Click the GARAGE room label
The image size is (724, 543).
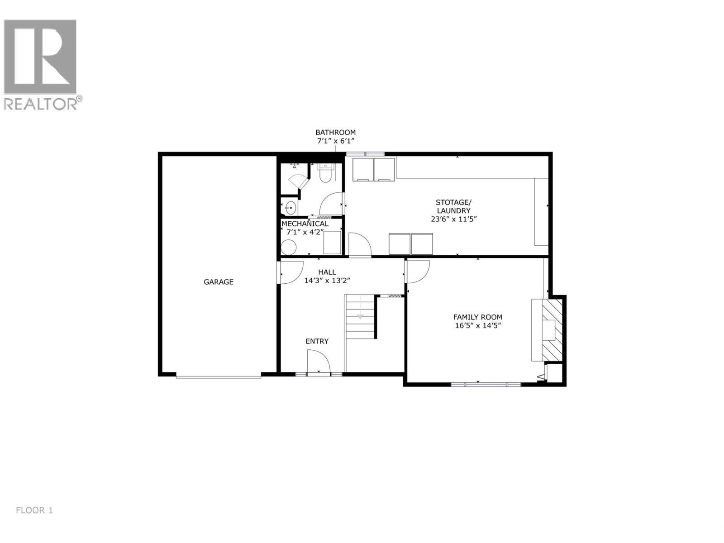[x=219, y=282]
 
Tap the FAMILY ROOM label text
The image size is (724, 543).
[x=478, y=317]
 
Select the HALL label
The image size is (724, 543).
[x=327, y=272]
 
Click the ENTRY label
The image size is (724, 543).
[x=317, y=341]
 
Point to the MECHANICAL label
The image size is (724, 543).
[x=305, y=224]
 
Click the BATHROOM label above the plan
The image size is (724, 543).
[x=335, y=132]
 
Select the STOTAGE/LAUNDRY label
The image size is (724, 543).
[x=453, y=206]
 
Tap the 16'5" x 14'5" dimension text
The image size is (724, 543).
[x=478, y=325]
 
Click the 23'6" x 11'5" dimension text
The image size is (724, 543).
[x=453, y=219]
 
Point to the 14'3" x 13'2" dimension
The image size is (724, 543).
[x=327, y=281]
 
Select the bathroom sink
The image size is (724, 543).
[x=290, y=208]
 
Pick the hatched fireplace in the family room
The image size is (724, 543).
[x=552, y=329]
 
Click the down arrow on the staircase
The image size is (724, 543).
[x=360, y=316]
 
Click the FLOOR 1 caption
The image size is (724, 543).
[x=34, y=510]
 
